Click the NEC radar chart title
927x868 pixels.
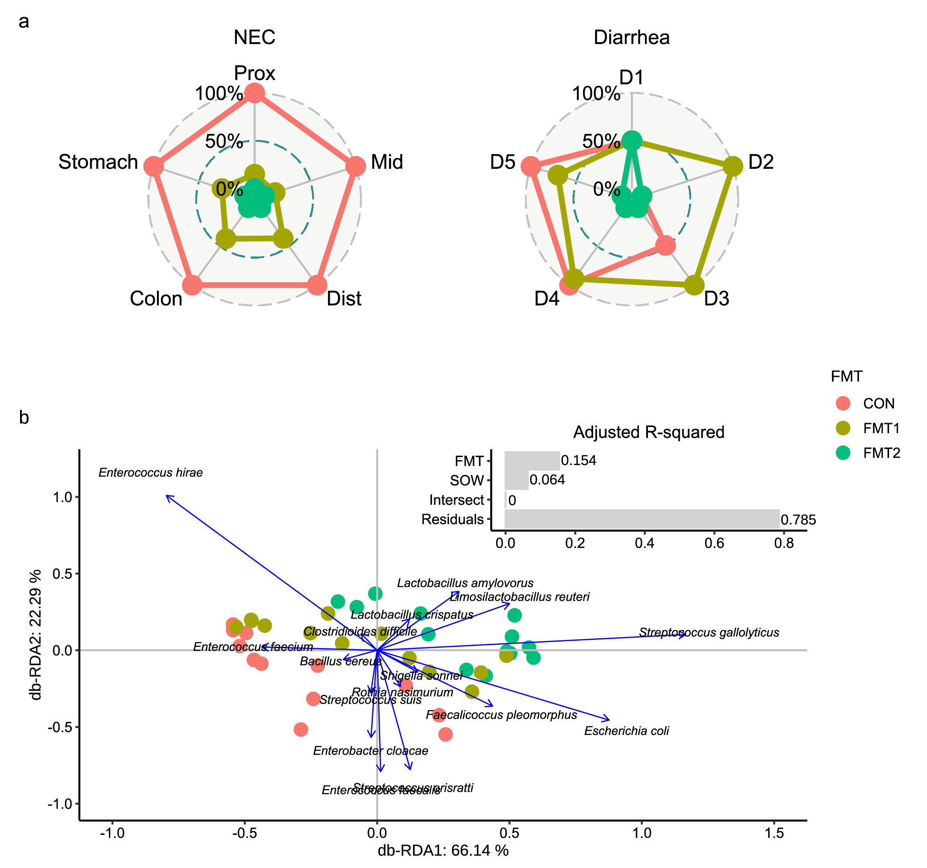pyautogui.click(x=254, y=38)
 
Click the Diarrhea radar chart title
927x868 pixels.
pyautogui.click(x=631, y=38)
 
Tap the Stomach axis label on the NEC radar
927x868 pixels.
pyautogui.click(x=98, y=162)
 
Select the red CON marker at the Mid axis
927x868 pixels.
pyautogui.click(x=356, y=166)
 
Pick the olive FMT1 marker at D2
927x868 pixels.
pyautogui.click(x=733, y=166)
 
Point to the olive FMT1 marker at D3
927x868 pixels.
pyautogui.click(x=694, y=285)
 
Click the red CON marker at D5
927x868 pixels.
pyautogui.click(x=531, y=166)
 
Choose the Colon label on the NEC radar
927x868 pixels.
pyautogui.click(x=156, y=298)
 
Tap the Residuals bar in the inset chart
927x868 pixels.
pyautogui.click(x=642, y=519)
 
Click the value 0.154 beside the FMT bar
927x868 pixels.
pyautogui.click(x=578, y=461)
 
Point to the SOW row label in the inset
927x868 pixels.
pyautogui.click(x=466, y=480)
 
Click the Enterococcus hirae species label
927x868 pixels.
pyautogui.click(x=150, y=473)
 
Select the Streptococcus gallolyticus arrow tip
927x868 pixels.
pyautogui.click(x=685, y=634)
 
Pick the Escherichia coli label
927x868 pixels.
pyautogui.click(x=626, y=731)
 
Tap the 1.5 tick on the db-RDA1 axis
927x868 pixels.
pyautogui.click(x=774, y=834)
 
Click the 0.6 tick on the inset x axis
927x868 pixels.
pyautogui.click(x=714, y=543)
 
